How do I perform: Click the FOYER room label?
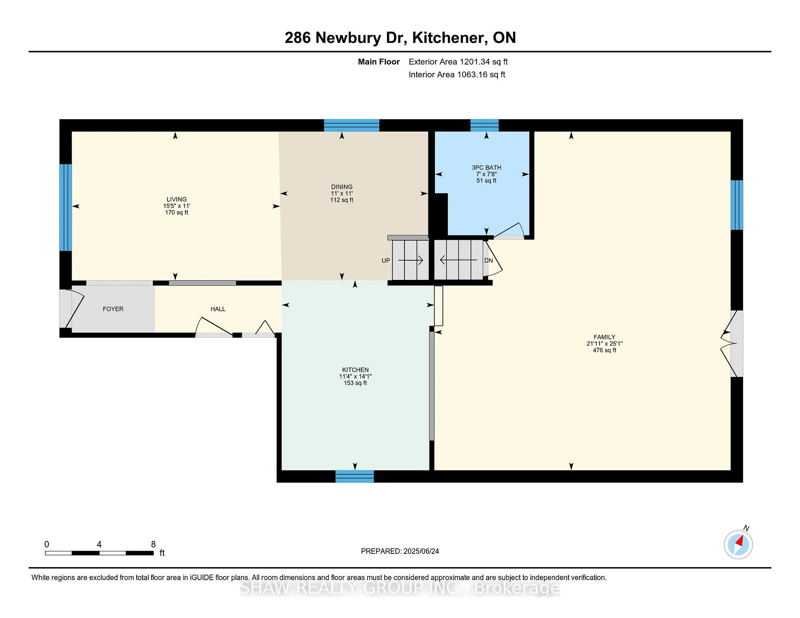pos(113,309)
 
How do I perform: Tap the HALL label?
pos(218,309)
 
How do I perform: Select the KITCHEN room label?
pos(355,370)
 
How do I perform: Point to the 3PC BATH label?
pos(487,167)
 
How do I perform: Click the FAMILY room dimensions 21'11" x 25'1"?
pos(605,344)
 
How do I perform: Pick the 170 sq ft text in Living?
pos(177,212)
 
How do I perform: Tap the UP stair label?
pos(386,261)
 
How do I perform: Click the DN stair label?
pos(489,261)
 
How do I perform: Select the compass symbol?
pos(738,544)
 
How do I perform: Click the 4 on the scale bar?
pos(99,544)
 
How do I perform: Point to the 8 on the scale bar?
pos(153,544)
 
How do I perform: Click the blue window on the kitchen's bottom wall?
pos(355,476)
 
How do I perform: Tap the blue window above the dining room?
pos(352,125)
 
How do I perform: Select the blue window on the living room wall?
pos(65,207)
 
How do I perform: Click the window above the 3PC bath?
pos(485,125)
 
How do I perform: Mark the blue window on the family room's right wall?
pos(737,205)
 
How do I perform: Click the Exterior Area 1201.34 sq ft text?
pos(458,62)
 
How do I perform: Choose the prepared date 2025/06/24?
pos(421,551)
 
